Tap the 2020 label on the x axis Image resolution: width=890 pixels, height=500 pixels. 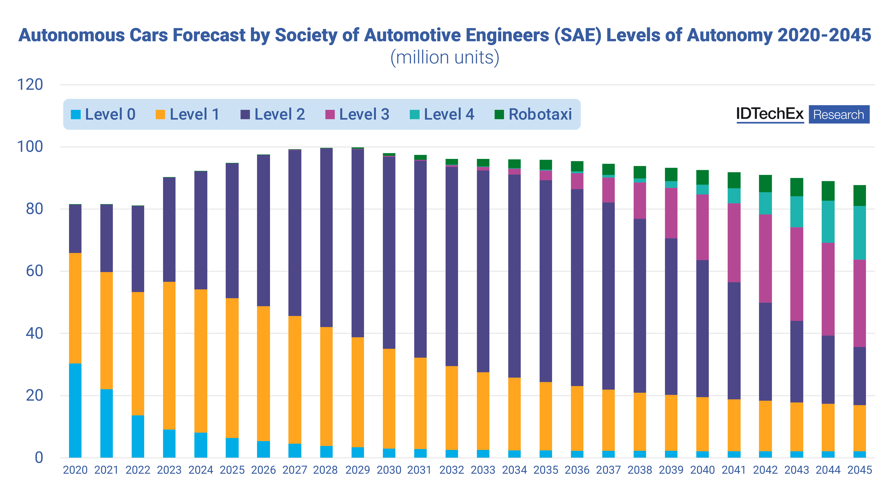coord(75,470)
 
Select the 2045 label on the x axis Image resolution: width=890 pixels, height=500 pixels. coord(860,470)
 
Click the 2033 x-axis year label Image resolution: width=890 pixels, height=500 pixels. coord(483,470)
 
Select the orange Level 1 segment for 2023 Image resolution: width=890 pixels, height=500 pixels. coord(169,355)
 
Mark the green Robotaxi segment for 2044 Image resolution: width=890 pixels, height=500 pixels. coord(828,191)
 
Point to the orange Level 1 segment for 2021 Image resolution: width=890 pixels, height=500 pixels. coord(106,331)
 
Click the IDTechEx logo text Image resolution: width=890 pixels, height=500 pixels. coord(770,114)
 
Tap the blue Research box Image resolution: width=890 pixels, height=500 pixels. coord(839,114)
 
